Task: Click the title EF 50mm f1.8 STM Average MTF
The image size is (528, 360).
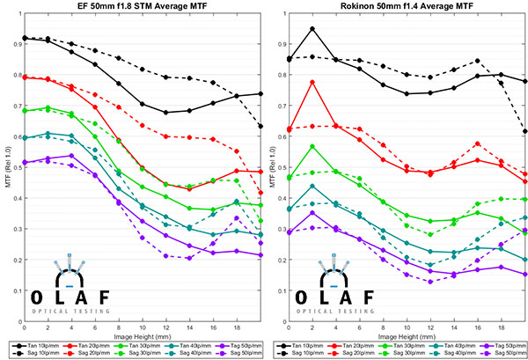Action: (142, 7)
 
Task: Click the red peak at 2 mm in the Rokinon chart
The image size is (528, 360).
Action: (312, 82)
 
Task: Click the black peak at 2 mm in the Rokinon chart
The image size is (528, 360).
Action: (312, 28)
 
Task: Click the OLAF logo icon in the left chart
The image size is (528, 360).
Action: (69, 270)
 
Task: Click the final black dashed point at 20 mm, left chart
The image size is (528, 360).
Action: (260, 126)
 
